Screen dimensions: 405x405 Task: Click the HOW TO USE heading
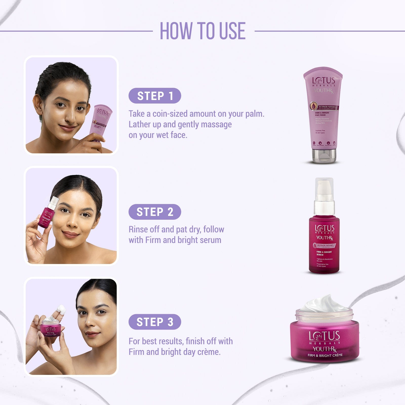coord(202,31)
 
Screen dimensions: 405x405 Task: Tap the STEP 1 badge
coord(155,96)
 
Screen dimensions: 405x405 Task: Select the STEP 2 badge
coord(155,212)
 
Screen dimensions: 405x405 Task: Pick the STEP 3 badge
coord(155,322)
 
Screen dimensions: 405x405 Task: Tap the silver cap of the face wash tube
coord(324,156)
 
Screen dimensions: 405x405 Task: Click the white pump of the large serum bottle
coord(324,192)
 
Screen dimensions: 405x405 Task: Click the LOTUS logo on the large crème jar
coord(324,336)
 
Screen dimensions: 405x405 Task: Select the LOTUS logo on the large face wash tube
coord(323,81)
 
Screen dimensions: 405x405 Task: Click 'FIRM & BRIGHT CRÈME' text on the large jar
coord(325,355)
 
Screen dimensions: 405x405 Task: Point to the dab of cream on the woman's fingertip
coord(62,309)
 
